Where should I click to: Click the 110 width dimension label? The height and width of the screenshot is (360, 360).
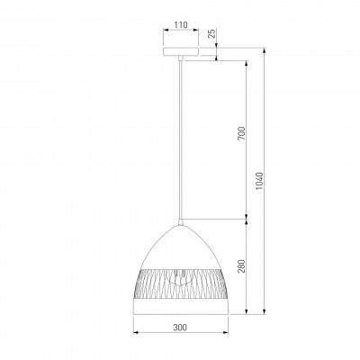[181, 25]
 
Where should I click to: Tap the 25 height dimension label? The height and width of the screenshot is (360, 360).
[211, 33]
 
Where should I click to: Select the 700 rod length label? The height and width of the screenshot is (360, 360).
[242, 133]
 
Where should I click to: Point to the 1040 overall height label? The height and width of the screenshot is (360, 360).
[259, 181]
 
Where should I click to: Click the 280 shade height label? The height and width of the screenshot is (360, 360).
[242, 265]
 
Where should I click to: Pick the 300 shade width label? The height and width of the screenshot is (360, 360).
[180, 328]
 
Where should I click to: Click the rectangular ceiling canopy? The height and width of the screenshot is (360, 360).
[181, 51]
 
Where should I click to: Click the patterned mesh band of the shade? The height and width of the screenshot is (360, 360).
[181, 283]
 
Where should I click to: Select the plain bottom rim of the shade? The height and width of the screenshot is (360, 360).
[181, 307]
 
